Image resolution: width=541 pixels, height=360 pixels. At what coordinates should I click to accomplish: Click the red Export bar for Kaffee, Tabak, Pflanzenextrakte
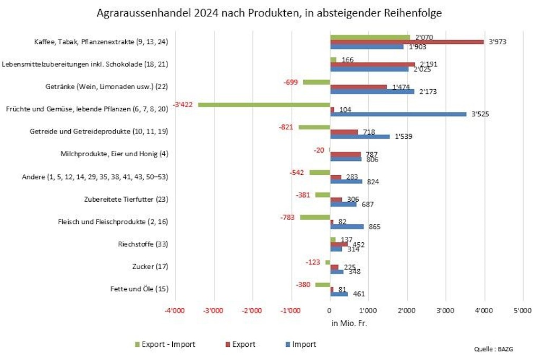click(x=407, y=42)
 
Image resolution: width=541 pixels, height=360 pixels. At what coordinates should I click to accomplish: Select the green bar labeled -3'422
click(x=264, y=105)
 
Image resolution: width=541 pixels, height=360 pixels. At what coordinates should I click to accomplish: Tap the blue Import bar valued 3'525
click(x=398, y=113)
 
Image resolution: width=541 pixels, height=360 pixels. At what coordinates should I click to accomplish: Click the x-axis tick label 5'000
click(x=522, y=311)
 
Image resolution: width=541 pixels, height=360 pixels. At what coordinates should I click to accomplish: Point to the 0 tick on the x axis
click(x=330, y=311)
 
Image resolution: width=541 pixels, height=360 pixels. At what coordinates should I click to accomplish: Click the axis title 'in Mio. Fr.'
click(x=349, y=323)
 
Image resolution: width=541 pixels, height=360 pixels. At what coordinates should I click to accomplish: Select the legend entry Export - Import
click(x=165, y=345)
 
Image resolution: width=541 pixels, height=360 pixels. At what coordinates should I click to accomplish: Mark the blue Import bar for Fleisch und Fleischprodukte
click(x=347, y=226)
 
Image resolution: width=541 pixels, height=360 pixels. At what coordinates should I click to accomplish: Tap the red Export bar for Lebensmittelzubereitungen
click(x=372, y=64)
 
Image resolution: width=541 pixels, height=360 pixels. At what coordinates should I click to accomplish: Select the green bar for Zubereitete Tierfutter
click(x=322, y=194)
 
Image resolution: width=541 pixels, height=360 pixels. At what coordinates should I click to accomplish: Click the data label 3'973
click(x=497, y=42)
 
